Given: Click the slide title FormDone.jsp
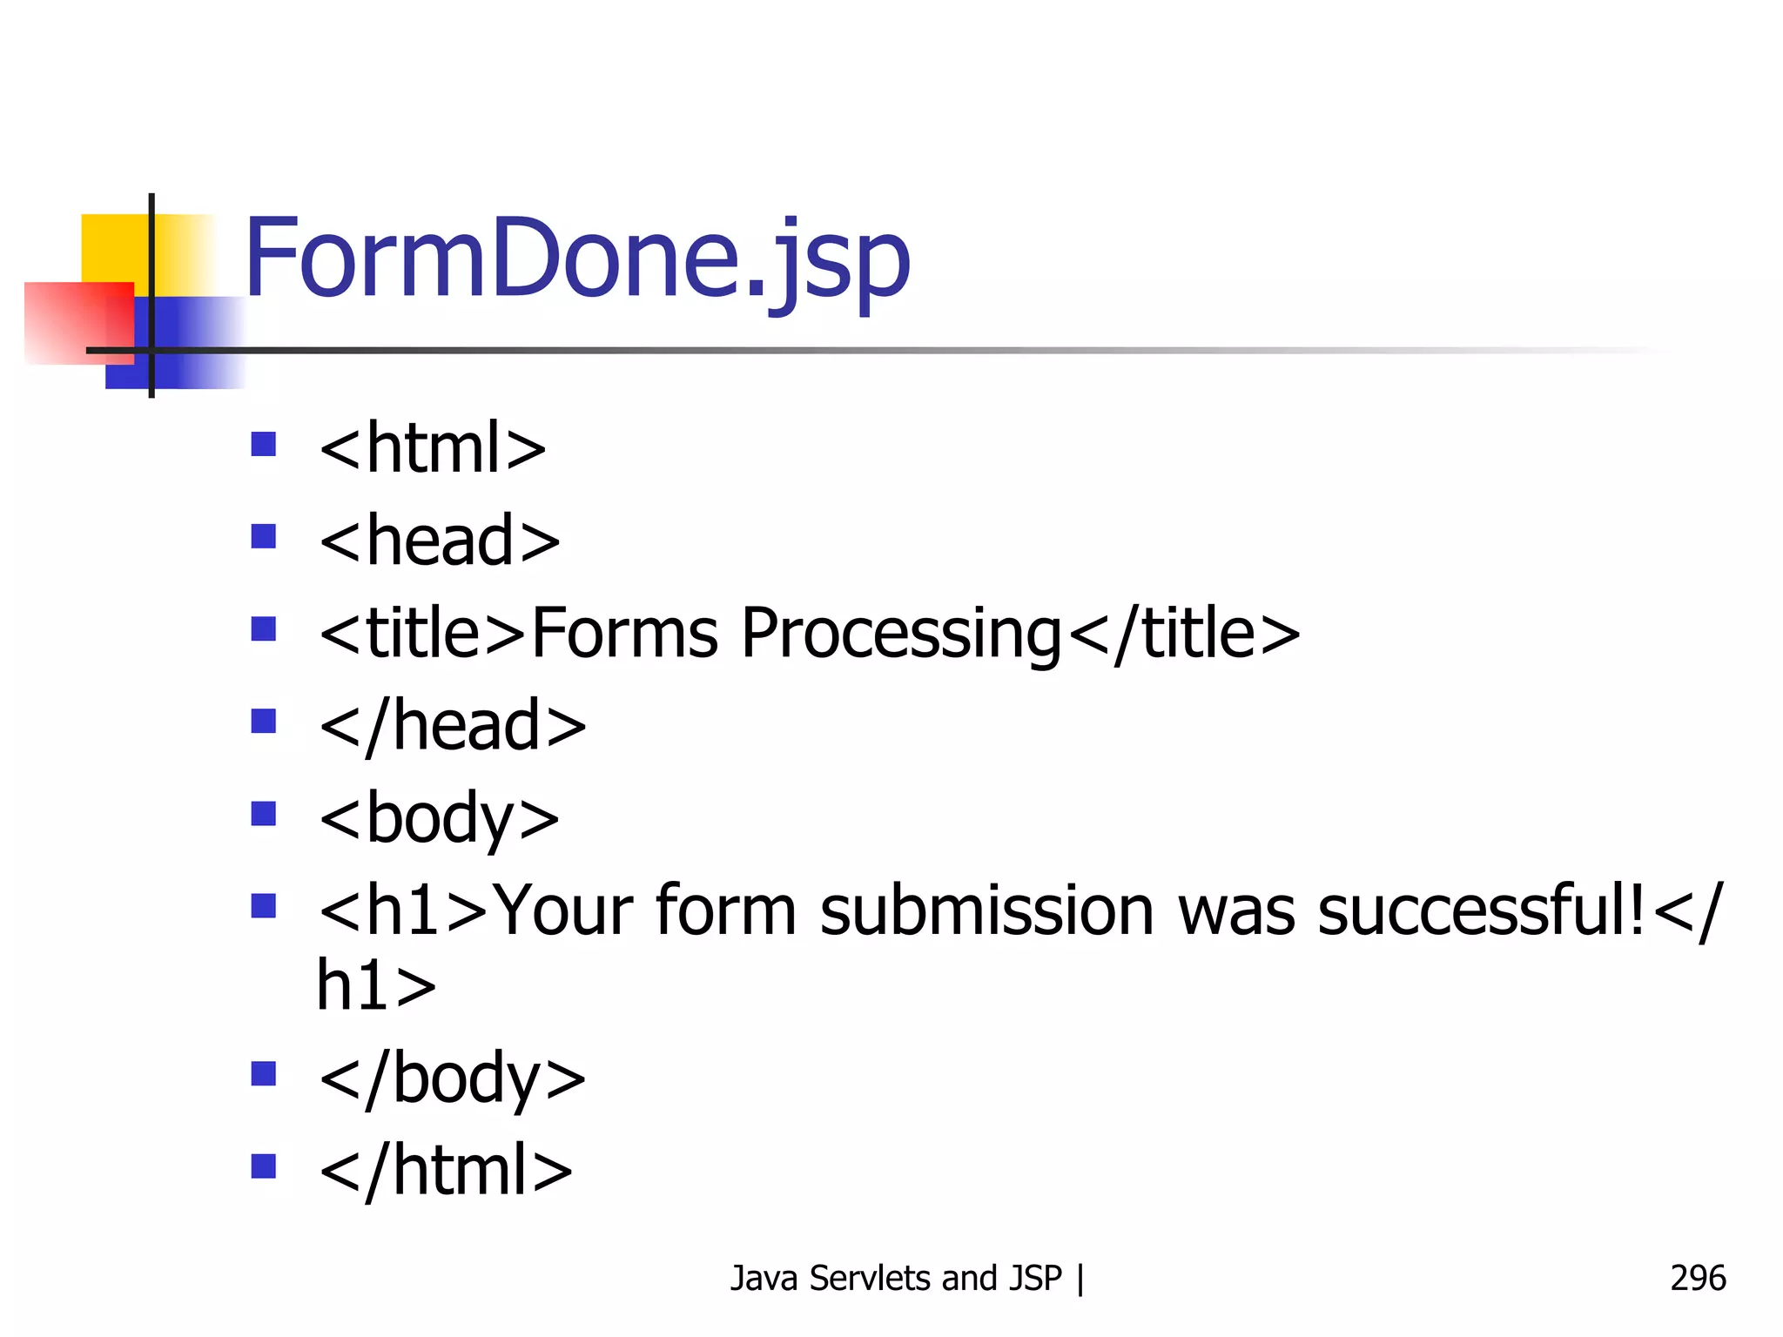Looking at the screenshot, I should pos(576,259).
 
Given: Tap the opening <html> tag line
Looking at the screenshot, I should pos(433,448).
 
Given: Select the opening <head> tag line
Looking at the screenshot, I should pos(440,541).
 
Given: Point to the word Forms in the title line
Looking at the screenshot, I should pos(625,634).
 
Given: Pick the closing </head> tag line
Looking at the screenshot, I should pos(453,726).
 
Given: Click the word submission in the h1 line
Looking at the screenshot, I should pos(986,911).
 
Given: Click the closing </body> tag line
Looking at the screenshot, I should pos(453,1079).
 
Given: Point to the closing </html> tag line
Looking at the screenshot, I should pos(446,1171).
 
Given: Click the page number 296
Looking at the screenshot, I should pos(1698,1278).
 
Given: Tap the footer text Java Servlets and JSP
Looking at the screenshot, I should pos(896,1278).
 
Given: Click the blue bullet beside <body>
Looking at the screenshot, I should pos(263,814).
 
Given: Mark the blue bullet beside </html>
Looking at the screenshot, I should pos(263,1166).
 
